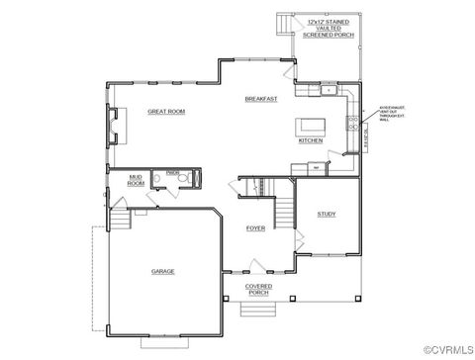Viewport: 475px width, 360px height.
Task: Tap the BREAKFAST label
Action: (260, 99)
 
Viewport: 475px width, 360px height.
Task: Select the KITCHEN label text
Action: (310, 140)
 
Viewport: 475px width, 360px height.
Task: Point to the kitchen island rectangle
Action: (311, 128)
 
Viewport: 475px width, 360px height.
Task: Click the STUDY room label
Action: (326, 214)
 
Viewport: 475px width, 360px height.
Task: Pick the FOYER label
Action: (255, 228)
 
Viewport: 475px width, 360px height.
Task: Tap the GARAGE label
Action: (162, 270)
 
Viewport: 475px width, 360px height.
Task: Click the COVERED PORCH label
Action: (258, 290)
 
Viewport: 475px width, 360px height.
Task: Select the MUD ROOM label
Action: (136, 180)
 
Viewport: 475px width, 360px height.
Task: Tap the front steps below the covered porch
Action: (258, 310)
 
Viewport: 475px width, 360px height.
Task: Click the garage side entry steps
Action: (118, 219)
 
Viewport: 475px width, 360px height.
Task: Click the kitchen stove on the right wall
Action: (351, 124)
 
